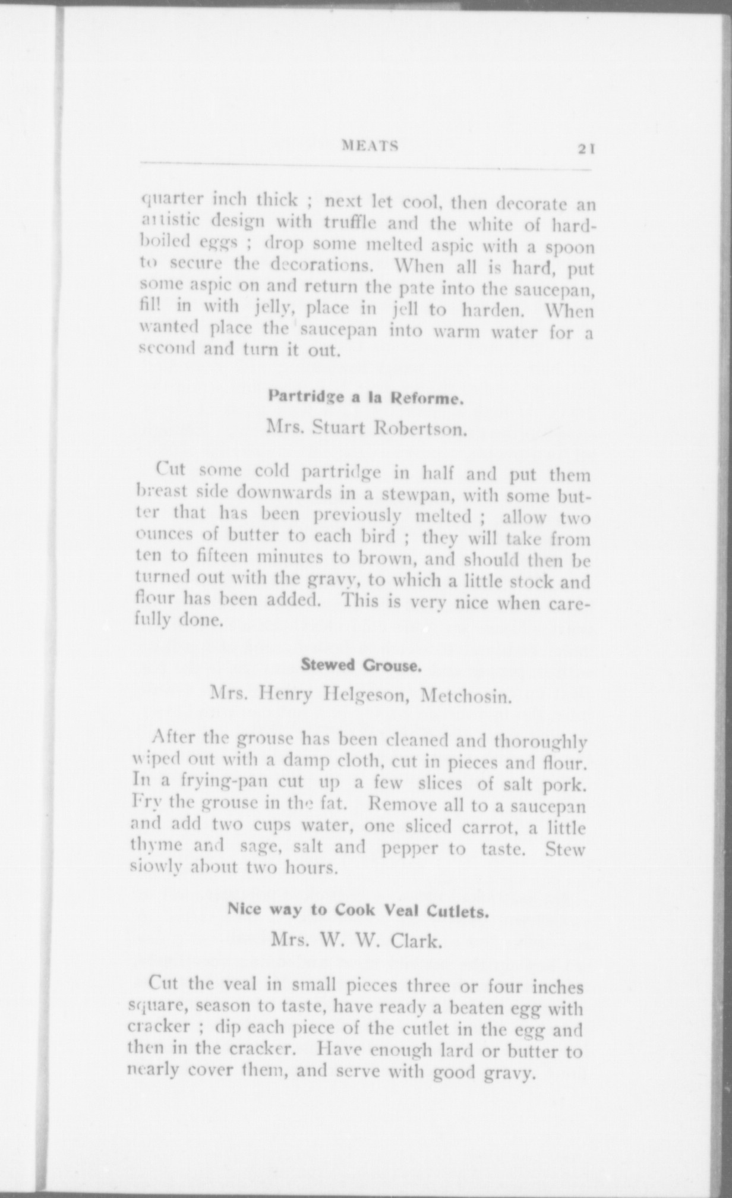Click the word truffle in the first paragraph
tap(353, 224)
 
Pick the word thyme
tap(157, 846)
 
